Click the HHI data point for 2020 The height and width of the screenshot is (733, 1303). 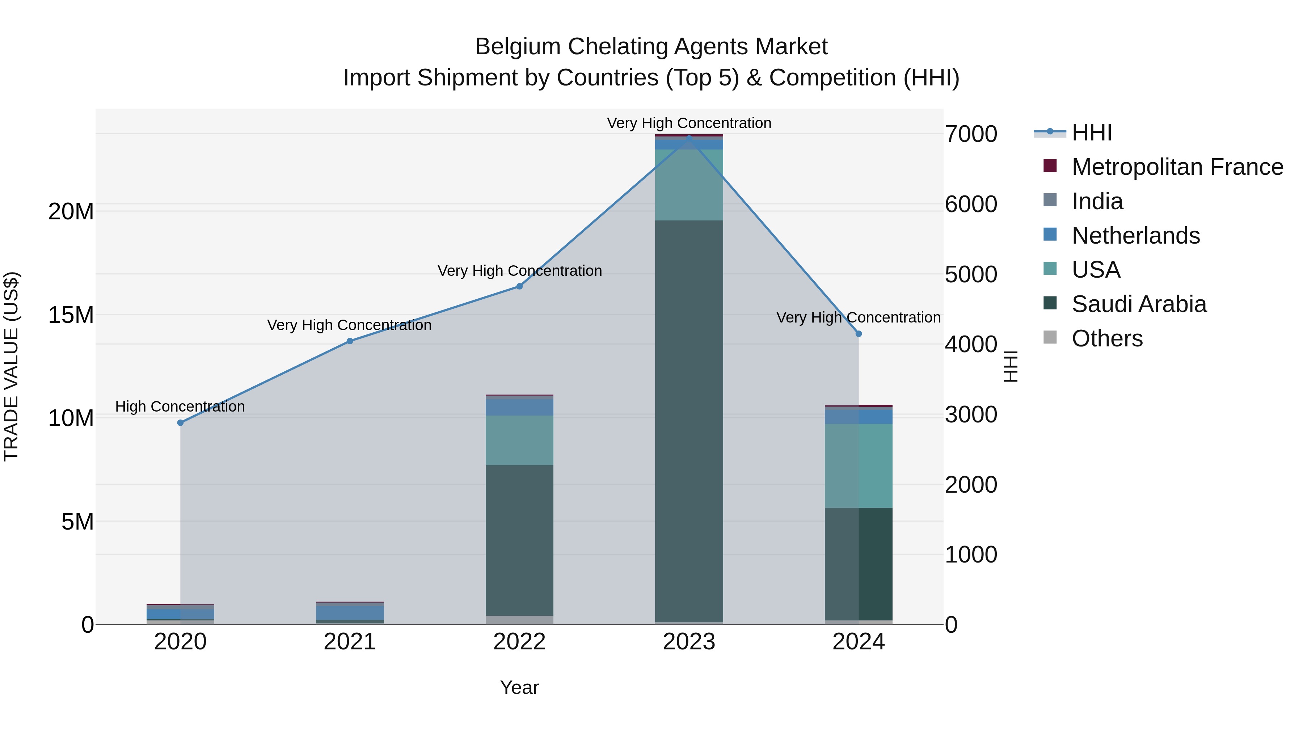pyautogui.click(x=181, y=422)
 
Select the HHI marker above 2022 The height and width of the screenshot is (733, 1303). pyautogui.click(x=519, y=286)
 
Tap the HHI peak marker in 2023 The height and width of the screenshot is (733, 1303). pyautogui.click(x=689, y=137)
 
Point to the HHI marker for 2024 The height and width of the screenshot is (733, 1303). pyautogui.click(x=859, y=334)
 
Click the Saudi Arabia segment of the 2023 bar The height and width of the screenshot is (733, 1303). pyautogui.click(x=689, y=420)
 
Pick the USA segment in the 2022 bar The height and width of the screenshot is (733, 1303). pyautogui.click(x=519, y=440)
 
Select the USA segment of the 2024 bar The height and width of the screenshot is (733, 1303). pyautogui.click(x=859, y=466)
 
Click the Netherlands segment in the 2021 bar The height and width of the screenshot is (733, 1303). pyautogui.click(x=350, y=612)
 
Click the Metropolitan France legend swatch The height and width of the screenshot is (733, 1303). pyautogui.click(x=1050, y=166)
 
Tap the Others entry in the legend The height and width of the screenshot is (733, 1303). pyautogui.click(x=1107, y=338)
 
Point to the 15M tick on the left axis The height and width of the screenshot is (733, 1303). pyautogui.click(x=71, y=315)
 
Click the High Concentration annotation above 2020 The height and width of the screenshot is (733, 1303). pyautogui.click(x=180, y=407)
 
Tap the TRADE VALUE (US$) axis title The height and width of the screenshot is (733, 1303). pyautogui.click(x=11, y=366)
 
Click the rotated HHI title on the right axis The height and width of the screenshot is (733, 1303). pyautogui.click(x=1010, y=366)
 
